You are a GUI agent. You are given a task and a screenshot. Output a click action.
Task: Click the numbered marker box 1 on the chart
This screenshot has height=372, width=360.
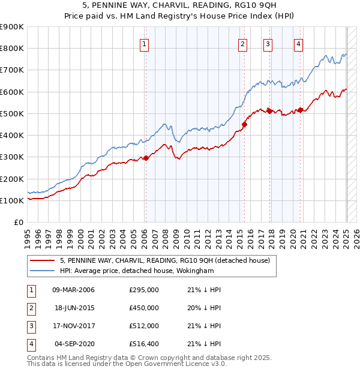click(x=145, y=43)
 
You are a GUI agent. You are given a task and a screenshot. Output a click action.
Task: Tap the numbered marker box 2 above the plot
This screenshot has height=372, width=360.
click(x=242, y=43)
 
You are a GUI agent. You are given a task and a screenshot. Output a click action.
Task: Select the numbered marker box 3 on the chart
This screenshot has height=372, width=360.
click(x=268, y=43)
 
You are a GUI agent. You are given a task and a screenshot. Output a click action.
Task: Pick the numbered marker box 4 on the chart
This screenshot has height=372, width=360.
click(x=298, y=43)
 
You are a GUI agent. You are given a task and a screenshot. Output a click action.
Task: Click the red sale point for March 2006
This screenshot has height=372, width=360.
click(x=146, y=158)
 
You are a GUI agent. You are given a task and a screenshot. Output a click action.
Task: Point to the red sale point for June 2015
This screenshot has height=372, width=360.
click(x=244, y=125)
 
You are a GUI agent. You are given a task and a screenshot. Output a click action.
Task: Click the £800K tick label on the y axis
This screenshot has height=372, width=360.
click(x=12, y=49)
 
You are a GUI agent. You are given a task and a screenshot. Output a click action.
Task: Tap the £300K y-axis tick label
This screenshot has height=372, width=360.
click(x=12, y=157)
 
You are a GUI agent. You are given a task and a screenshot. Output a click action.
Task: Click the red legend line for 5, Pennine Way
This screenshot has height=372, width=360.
click(x=43, y=260)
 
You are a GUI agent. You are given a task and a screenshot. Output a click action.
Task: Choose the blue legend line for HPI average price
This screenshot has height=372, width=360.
click(x=43, y=271)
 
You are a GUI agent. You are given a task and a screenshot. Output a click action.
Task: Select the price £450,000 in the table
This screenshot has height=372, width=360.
click(x=144, y=308)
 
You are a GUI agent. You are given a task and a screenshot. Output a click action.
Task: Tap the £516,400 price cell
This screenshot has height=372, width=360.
click(x=144, y=344)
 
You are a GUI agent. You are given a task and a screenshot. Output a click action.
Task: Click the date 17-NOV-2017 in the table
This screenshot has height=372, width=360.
click(x=74, y=326)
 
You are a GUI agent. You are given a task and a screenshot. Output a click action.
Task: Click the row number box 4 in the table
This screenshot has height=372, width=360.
click(x=31, y=344)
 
